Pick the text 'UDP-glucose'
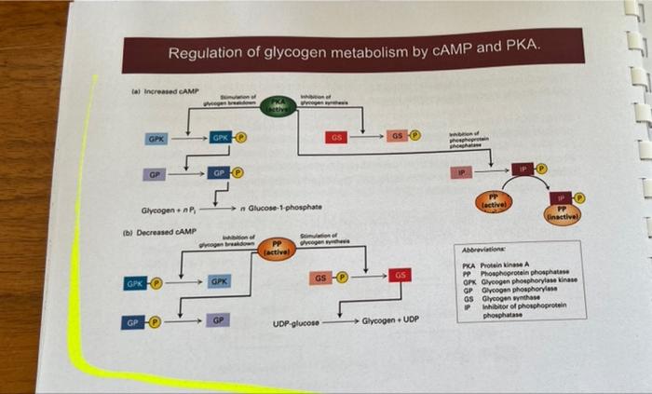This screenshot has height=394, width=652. (296, 323)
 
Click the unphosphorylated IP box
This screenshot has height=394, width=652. (461, 172)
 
